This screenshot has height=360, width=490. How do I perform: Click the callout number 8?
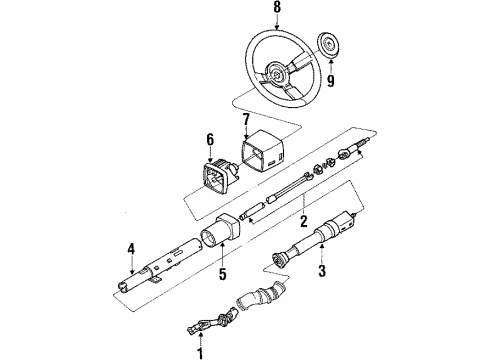[x=277, y=7]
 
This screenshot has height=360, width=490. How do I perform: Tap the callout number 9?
[x=330, y=81]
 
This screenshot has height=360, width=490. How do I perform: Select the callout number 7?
[x=246, y=120]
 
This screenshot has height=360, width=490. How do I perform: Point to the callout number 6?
[x=210, y=140]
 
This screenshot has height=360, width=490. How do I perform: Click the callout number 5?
[x=222, y=273]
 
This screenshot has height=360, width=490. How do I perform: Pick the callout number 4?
[x=131, y=249]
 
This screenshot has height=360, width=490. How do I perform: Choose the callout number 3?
[x=322, y=270]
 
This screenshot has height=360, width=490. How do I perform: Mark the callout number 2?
[x=303, y=221]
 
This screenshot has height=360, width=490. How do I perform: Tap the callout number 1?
[x=200, y=353]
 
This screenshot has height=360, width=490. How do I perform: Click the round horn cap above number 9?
[x=328, y=45]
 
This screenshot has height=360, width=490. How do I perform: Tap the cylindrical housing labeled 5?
[x=220, y=231]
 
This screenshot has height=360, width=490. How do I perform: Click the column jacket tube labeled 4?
[x=160, y=266]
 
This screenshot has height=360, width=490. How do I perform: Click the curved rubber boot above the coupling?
[x=262, y=295]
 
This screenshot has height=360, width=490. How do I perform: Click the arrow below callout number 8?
[x=277, y=22]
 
